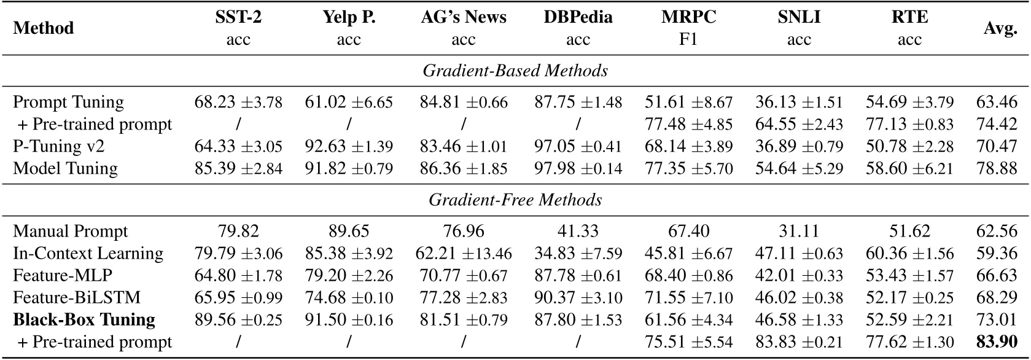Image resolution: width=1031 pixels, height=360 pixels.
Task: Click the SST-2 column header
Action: pos(238,18)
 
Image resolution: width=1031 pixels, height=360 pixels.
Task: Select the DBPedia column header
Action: pos(578,18)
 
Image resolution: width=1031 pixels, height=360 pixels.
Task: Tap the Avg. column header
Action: pos(1000,28)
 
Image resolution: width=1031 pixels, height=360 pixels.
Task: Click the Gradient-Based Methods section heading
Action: pos(515,71)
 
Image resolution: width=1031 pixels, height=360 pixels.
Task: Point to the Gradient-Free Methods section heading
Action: pos(515,200)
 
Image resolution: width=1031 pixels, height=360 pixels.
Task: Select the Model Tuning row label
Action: pos(65,168)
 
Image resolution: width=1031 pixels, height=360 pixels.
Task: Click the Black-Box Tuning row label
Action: pos(84,320)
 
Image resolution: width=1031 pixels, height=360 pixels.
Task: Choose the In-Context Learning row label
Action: pos(88,254)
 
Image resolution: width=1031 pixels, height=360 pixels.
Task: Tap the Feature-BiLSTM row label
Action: pos(77,298)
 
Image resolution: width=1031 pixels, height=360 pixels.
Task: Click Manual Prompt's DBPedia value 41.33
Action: pos(578,232)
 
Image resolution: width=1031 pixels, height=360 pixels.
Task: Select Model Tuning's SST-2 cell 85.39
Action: pos(238,168)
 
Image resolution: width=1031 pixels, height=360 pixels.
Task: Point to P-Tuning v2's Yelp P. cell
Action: pos(349,146)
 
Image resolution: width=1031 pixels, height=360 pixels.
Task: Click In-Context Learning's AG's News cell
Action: pos(464,254)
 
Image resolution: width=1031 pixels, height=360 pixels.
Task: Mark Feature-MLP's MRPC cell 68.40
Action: pos(688,276)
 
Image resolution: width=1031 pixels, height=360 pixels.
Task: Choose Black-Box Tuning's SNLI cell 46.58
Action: pos(799,320)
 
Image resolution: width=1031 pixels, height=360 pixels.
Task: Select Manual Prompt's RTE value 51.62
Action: pos(909,232)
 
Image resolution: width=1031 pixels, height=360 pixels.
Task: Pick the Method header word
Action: pos(43,28)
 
